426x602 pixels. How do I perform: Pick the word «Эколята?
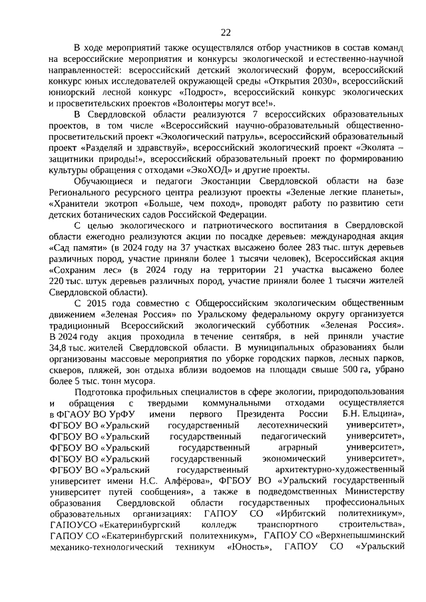tap(373, 150)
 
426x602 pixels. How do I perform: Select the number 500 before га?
tap(345, 375)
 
